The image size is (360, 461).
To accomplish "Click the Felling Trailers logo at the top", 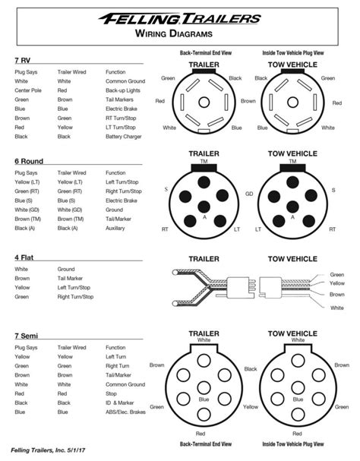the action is tap(180, 18).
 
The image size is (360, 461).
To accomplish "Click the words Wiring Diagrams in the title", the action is tap(174, 33).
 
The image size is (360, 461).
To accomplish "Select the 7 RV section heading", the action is tap(23, 60).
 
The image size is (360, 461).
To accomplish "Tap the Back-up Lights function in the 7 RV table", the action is tap(122, 90).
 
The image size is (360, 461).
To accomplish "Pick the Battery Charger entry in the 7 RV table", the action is tap(124, 137).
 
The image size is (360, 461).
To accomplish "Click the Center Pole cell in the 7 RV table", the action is tap(28, 90).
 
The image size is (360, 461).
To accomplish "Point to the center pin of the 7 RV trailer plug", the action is tap(204, 103).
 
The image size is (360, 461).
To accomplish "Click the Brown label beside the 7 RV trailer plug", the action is tap(248, 101).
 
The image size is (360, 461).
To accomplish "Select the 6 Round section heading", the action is tap(29, 161).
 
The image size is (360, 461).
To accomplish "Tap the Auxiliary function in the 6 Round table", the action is tap(115, 228).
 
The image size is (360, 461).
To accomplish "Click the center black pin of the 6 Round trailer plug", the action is tap(204, 207).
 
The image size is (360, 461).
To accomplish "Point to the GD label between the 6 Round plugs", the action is tap(249, 194).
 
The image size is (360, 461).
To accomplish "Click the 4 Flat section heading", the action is tap(24, 257).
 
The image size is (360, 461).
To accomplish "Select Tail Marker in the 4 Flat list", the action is tap(70, 278).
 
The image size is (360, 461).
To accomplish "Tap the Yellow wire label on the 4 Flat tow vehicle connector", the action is tap(337, 283).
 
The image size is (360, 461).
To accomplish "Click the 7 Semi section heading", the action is tap(26, 336).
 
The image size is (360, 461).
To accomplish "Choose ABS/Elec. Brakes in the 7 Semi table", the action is tap(125, 412).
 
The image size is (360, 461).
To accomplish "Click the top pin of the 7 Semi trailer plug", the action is tap(204, 361).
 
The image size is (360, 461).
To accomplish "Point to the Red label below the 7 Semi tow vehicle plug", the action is tap(298, 434).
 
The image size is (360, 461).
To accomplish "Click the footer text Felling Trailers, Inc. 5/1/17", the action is tap(48, 450).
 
